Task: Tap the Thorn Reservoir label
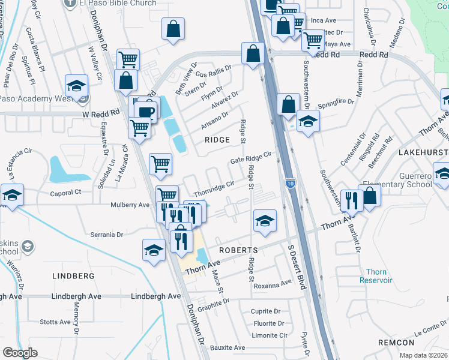point(376,276)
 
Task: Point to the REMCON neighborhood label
point(396,343)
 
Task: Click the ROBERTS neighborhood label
point(238,250)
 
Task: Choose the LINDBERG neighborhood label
point(74,276)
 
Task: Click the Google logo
point(20,353)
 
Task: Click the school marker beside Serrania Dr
point(154,250)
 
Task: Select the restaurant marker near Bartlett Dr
point(350,200)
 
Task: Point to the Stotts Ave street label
point(56,322)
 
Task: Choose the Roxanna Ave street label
point(273,285)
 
